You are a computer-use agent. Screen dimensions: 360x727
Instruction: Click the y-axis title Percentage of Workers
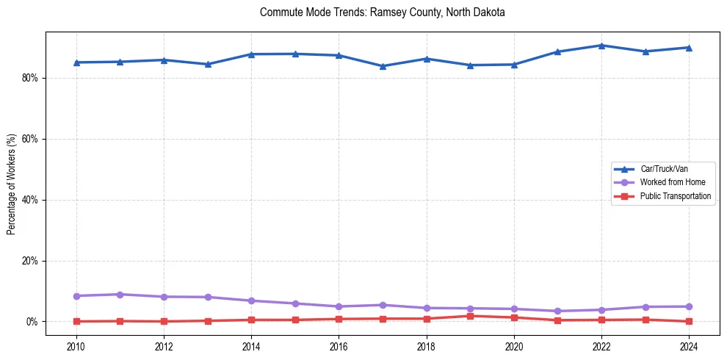[x=11, y=184]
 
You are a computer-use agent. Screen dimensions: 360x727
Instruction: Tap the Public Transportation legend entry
[x=675, y=196]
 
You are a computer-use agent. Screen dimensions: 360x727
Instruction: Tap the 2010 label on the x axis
[x=76, y=346]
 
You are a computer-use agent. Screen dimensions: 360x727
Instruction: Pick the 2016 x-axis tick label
[x=339, y=346]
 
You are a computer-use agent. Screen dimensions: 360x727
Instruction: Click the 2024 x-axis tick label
[x=689, y=346]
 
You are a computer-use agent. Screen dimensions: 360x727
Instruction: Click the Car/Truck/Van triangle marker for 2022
[x=601, y=46]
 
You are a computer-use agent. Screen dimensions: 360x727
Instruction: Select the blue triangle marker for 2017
[x=383, y=66]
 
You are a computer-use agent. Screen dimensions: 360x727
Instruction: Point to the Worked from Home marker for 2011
[x=120, y=295]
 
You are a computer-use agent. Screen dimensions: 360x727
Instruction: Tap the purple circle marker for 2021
[x=557, y=312]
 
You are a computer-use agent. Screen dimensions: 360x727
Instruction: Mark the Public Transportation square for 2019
[x=470, y=316]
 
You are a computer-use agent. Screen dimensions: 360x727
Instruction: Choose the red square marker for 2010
[x=76, y=322]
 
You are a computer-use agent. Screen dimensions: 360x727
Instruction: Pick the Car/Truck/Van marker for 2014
[x=251, y=54]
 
